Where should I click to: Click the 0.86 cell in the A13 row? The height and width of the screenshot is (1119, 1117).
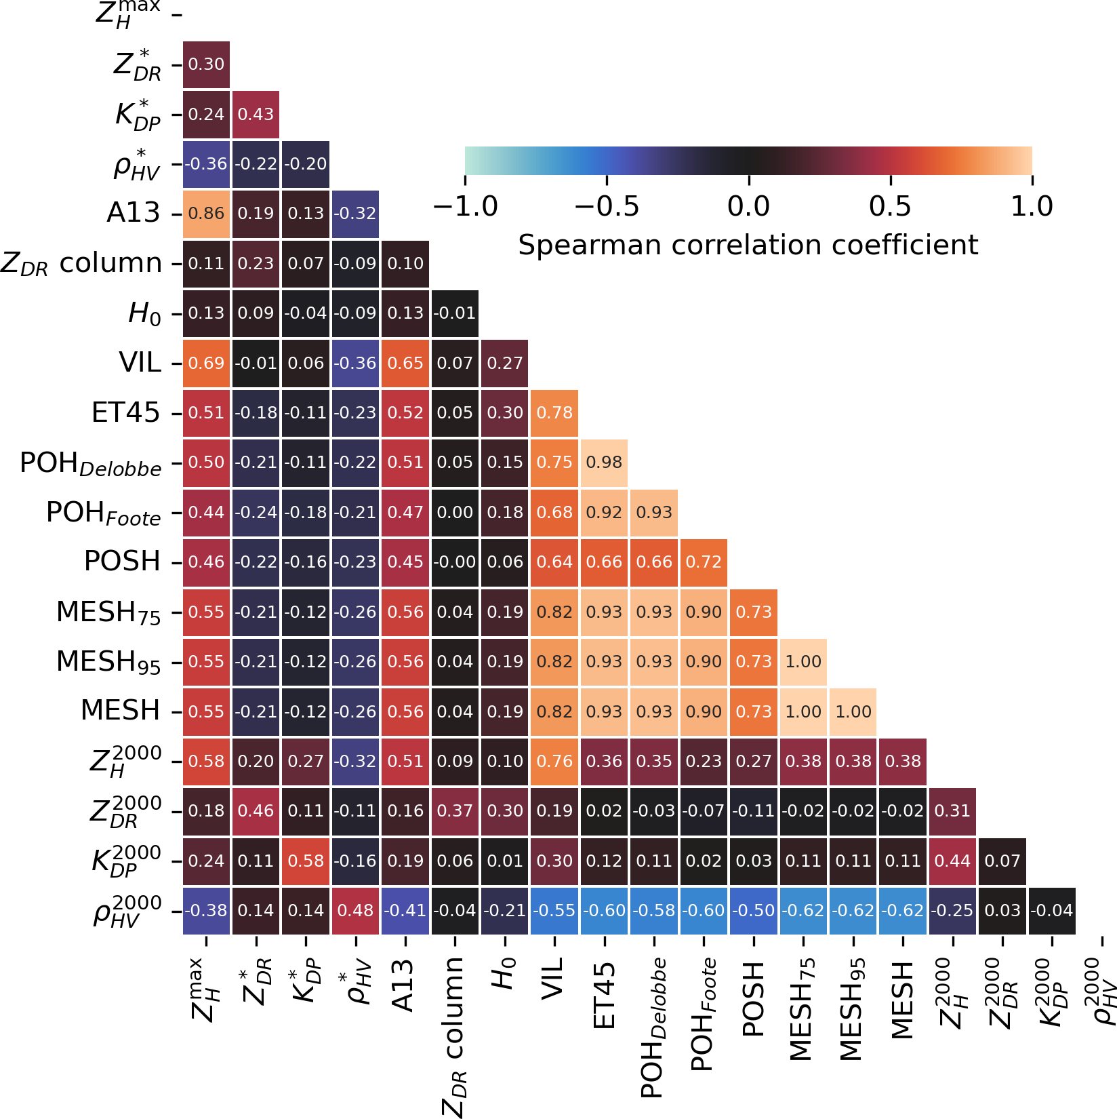[206, 214]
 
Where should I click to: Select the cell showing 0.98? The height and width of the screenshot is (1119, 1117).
[604, 463]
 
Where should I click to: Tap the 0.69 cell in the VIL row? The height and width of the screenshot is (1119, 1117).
[206, 363]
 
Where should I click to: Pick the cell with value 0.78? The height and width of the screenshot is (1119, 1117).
[554, 412]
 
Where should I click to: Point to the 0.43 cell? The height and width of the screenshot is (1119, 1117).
[256, 114]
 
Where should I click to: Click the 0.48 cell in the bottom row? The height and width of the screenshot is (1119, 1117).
[355, 910]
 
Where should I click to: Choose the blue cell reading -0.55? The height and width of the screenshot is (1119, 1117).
[554, 910]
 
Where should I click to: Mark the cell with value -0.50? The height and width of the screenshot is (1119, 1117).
[754, 910]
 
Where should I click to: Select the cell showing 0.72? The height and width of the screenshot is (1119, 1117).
[704, 562]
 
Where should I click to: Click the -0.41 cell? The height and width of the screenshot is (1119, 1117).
[405, 910]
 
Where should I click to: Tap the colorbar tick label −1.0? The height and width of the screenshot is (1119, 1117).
[465, 206]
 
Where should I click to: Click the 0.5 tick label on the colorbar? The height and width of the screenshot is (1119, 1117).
[890, 206]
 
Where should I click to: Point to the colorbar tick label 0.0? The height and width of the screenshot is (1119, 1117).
[748, 206]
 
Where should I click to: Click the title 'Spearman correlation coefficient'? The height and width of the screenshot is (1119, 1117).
[748, 245]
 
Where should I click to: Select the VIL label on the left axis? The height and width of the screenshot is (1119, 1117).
[140, 363]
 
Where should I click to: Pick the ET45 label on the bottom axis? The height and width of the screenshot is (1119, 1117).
[605, 995]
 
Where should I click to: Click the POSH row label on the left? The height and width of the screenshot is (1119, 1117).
[122, 562]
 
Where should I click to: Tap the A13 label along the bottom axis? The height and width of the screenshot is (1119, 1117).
[405, 986]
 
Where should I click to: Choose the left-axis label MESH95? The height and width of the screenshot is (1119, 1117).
[108, 662]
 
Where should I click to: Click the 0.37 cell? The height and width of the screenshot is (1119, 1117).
[455, 811]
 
